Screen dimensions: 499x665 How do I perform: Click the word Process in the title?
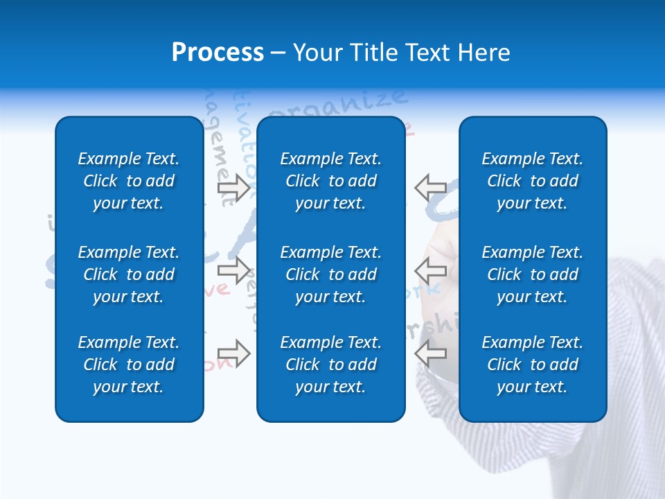pos(218,53)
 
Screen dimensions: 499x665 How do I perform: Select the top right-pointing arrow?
pos(233,188)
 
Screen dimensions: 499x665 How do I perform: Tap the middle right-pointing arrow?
pos(233,270)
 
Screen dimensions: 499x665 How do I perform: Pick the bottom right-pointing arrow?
pos(233,353)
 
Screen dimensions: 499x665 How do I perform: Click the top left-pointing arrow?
pos(430,187)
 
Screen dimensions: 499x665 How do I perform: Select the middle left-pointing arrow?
pos(430,270)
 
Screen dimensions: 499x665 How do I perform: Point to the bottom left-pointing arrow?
pos(430,353)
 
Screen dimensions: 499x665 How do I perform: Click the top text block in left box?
pos(129,181)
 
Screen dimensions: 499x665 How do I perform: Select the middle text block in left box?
pos(129,274)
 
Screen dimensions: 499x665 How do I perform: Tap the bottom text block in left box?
pos(129,365)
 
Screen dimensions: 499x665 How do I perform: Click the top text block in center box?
pos(331,181)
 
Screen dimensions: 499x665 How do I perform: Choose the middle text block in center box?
pos(331,274)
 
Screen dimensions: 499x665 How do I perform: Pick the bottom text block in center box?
pos(331,365)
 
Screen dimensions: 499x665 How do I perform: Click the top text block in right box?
pos(533,181)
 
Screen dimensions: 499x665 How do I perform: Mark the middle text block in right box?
pos(533,274)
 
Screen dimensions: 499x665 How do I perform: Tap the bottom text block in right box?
pos(533,365)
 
